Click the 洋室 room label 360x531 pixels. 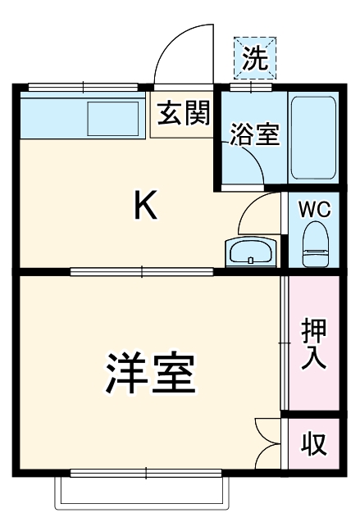point(149,375)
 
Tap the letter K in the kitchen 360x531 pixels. point(145,207)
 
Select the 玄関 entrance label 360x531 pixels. point(184,112)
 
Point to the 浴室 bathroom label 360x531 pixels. point(254,134)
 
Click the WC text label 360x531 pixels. point(313,209)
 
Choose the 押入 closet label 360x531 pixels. point(313,344)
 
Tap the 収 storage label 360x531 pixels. point(312,443)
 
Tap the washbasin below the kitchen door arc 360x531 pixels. point(252,252)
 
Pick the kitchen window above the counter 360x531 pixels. point(83,86)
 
